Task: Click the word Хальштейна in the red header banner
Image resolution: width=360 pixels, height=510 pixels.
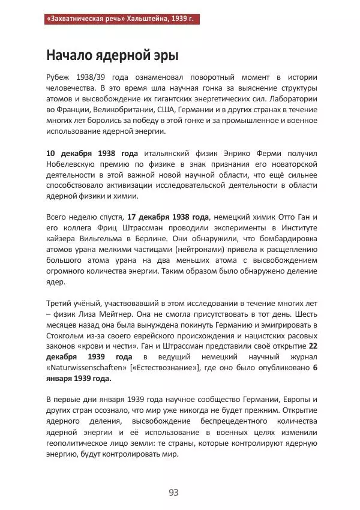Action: click(142, 19)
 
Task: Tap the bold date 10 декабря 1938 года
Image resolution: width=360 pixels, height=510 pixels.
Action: click(92, 153)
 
